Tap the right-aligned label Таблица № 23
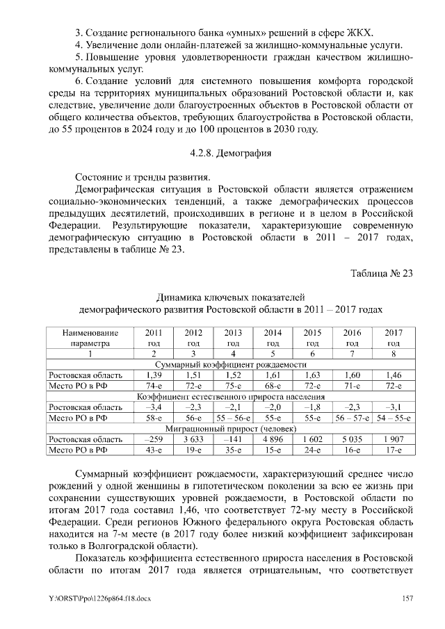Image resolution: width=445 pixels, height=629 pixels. [x=382, y=273]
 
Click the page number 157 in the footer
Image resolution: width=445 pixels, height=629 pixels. [x=407, y=598]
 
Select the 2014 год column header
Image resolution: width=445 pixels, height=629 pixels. [x=273, y=338]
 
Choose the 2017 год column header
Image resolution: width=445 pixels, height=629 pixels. [x=393, y=338]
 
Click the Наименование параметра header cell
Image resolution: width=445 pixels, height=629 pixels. [x=90, y=338]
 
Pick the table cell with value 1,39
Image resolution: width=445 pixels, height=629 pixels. [x=154, y=375]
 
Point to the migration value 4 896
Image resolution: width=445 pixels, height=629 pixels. [x=273, y=439]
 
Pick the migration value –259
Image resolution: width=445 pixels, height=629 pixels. [x=154, y=439]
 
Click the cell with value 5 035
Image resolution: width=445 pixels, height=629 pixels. [x=353, y=439]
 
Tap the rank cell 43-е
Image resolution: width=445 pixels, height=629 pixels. [x=154, y=450]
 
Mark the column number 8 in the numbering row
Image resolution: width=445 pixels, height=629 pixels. [x=393, y=354]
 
